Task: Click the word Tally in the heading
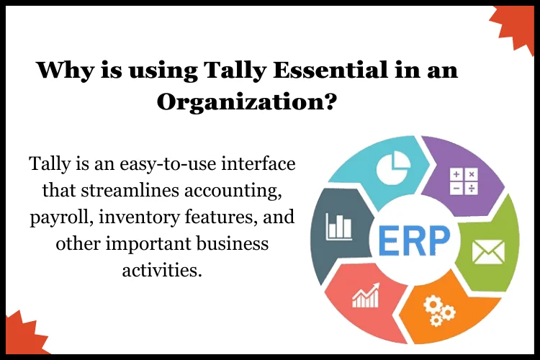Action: (x=235, y=71)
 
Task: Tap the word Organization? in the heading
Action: (x=246, y=102)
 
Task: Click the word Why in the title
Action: (x=65, y=71)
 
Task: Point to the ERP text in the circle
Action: (x=413, y=240)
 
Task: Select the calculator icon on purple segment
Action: (x=464, y=181)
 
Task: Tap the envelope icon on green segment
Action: (x=488, y=252)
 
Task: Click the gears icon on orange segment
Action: (x=438, y=312)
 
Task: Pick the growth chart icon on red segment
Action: (x=366, y=296)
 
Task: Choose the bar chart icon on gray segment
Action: (x=339, y=226)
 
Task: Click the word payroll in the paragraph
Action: (x=61, y=217)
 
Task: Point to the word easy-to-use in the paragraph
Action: (x=167, y=163)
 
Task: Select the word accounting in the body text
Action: (x=233, y=191)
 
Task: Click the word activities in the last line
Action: (x=161, y=270)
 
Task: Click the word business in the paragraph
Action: (x=233, y=243)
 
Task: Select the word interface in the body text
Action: (x=258, y=163)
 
